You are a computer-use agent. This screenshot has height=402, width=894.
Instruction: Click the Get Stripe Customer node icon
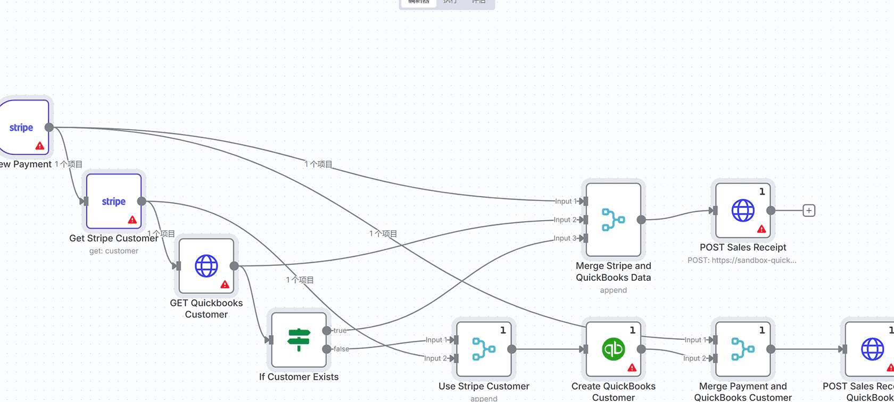[x=114, y=202]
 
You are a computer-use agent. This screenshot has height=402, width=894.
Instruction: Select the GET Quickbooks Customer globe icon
[x=206, y=266]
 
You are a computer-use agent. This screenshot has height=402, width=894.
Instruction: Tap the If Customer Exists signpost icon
[x=299, y=340]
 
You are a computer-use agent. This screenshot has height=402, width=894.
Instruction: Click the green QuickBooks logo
[x=614, y=349]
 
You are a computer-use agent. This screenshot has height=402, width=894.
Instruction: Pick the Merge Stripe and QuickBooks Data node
[x=614, y=220]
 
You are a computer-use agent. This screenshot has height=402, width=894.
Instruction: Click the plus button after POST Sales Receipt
[x=809, y=211]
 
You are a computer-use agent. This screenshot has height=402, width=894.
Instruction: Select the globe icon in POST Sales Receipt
[x=743, y=211]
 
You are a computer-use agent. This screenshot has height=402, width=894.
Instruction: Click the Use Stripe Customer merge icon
[x=484, y=349]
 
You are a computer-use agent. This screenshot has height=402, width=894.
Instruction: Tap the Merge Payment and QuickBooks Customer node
[x=743, y=349]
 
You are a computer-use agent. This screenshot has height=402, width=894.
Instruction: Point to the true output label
[x=340, y=331]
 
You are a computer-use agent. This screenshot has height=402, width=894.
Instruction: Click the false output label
[x=342, y=349]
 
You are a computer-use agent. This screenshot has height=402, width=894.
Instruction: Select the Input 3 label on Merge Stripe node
[x=565, y=238]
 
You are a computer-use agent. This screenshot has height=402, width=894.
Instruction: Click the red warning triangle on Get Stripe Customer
[x=133, y=220]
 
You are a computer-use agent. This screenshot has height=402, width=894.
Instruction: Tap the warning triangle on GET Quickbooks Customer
[x=225, y=284]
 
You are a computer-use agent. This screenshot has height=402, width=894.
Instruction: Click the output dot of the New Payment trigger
[x=49, y=127]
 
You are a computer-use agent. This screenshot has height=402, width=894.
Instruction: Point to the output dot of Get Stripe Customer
[x=142, y=202]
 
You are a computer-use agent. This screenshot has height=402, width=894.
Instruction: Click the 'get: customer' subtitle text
[x=114, y=251]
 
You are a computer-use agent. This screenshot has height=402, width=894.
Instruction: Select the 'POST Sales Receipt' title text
[x=743, y=247]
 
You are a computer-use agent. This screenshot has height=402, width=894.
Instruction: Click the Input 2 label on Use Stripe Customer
[x=435, y=358]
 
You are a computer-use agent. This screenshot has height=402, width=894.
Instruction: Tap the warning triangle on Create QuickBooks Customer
[x=632, y=367]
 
